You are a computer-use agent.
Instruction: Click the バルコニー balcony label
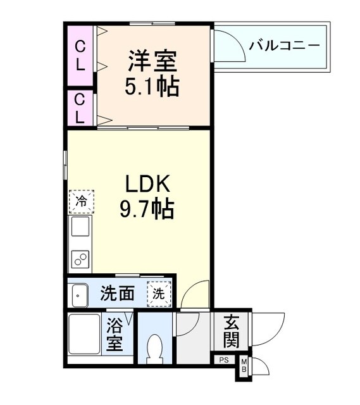pos(284,46)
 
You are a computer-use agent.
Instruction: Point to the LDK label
pos(147,184)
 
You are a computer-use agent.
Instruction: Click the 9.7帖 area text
pos(147,209)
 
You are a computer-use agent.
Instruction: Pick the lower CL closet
pos(80,108)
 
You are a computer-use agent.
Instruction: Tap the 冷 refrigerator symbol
pos(82,202)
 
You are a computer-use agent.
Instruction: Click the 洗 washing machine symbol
pos(159,294)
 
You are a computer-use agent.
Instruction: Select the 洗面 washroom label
pos(118,294)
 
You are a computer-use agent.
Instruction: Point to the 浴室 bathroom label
pos(115,335)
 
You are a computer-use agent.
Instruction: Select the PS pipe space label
pos(223,361)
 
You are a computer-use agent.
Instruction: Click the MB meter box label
pos(244,366)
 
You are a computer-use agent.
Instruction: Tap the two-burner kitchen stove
pos(80,259)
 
